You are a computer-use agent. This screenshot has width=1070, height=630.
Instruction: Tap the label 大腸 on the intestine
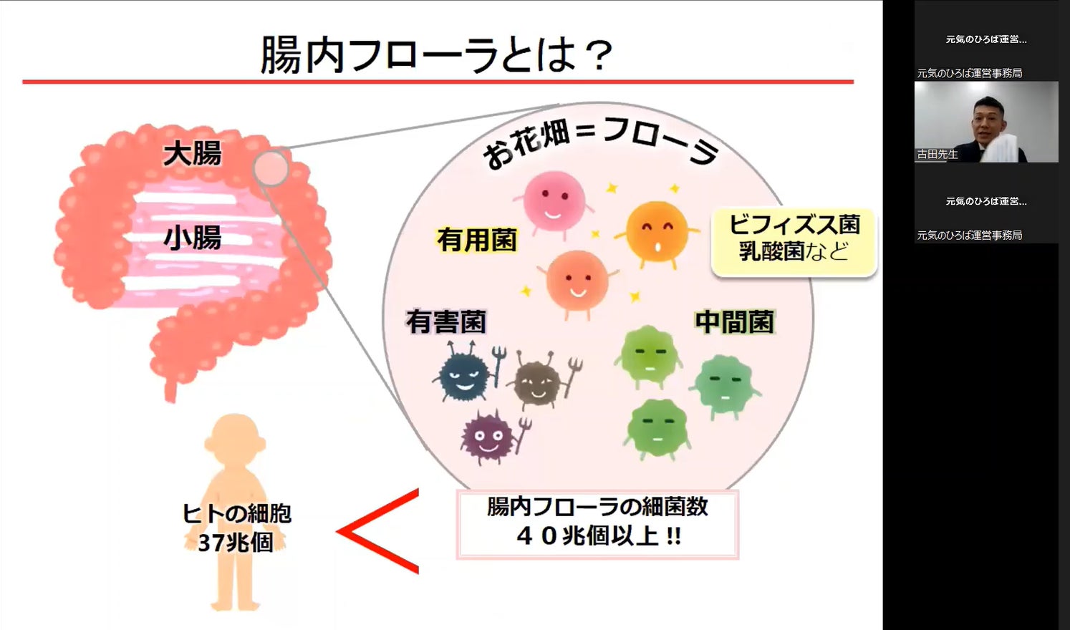pos(192,153)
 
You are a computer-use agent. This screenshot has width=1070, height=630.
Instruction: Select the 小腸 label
pos(192,237)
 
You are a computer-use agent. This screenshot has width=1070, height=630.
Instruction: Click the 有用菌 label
pos(476,240)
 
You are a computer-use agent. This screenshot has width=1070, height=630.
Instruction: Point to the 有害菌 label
pos(445,321)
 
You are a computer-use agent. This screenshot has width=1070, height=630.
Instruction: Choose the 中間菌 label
pos(734,322)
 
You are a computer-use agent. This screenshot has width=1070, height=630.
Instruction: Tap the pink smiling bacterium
pos(553,201)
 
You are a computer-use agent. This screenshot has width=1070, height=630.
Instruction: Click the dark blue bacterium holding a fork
pos(464,374)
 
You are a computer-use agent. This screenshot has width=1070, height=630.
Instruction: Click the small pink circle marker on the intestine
pos(270,168)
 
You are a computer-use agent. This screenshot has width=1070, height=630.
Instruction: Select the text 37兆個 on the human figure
pos(236,543)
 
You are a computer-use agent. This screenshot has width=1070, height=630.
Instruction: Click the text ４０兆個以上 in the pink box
pos(597,535)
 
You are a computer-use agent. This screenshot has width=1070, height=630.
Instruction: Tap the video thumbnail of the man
pos(985,122)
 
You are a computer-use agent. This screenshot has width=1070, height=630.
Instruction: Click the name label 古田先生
pos(938,154)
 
